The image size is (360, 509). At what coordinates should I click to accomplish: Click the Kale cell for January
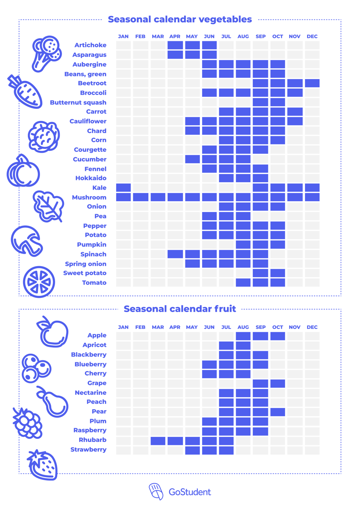[123, 188]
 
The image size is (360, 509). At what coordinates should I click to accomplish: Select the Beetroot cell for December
[312, 83]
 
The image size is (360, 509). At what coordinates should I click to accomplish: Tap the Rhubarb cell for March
[158, 440]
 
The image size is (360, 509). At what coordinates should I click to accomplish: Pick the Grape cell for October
[278, 383]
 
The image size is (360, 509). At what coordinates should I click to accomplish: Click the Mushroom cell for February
[141, 197]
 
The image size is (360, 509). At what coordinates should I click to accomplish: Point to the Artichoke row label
[90, 45]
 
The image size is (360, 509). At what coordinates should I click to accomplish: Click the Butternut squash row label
[78, 103]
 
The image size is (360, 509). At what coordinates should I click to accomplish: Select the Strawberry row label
[88, 450]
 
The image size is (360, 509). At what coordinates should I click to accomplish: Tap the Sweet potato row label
[85, 273]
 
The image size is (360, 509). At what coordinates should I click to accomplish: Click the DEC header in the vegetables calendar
[312, 37]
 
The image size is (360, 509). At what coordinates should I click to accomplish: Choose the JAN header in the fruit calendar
[123, 327]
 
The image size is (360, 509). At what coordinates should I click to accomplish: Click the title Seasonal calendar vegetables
[180, 19]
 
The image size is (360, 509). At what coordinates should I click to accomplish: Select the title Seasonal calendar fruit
[180, 309]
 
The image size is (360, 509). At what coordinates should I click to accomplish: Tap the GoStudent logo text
[190, 492]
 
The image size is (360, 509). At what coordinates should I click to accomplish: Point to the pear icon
[53, 402]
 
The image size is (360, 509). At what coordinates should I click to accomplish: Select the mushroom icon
[27, 241]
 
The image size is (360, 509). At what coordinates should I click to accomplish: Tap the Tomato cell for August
[243, 283]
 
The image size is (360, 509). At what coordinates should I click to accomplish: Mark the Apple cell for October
[278, 336]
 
